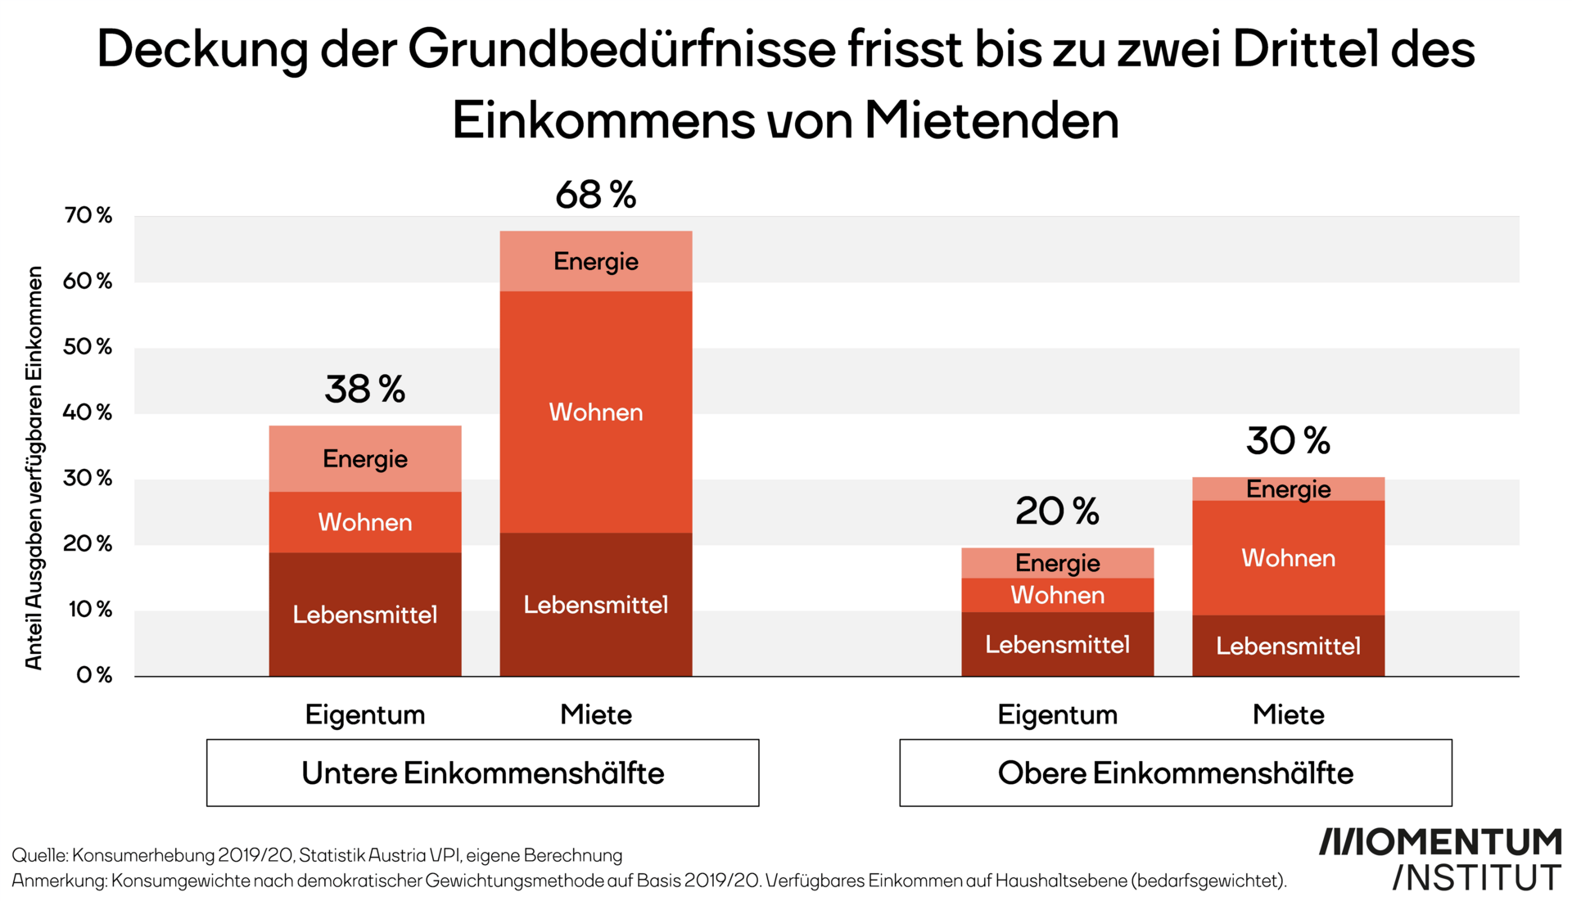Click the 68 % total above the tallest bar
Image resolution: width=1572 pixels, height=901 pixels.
click(595, 196)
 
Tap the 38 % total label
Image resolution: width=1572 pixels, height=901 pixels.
click(364, 390)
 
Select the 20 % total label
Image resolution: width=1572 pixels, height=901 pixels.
click(1057, 512)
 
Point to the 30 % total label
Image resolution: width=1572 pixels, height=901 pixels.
click(1288, 441)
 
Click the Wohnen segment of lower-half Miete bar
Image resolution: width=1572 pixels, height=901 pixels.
click(595, 412)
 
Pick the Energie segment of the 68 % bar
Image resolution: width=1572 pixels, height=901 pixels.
click(595, 262)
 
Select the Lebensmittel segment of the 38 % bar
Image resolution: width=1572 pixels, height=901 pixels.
click(364, 615)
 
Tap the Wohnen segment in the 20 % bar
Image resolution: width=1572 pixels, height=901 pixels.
click(1057, 595)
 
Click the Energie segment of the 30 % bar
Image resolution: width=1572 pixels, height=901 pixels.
click(1288, 489)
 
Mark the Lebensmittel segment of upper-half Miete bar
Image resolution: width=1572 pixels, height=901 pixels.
click(1288, 646)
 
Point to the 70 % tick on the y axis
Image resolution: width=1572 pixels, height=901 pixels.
click(88, 215)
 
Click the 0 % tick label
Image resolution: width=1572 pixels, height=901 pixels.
click(94, 675)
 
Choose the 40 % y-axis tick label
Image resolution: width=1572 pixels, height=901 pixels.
click(88, 412)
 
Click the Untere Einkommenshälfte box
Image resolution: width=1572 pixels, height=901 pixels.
click(482, 773)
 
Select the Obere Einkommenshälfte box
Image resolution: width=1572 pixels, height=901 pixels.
click(1175, 773)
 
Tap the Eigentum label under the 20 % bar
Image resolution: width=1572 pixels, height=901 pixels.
click(1057, 714)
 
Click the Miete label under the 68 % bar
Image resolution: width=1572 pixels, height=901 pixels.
click(595, 714)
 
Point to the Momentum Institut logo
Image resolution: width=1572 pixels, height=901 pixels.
click(1441, 859)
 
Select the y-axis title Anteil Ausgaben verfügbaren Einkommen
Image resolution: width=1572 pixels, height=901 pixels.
click(34, 468)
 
